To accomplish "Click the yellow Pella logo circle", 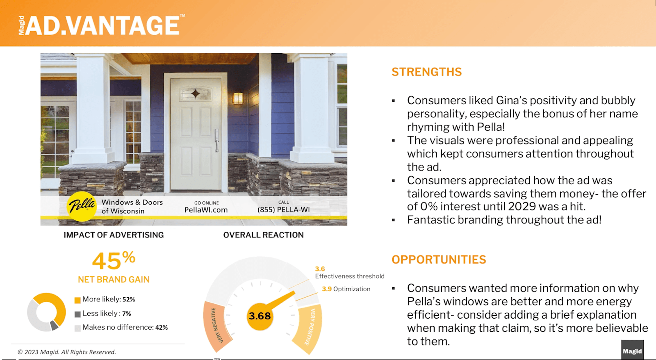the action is point(82,207).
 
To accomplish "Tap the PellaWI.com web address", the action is point(206,210).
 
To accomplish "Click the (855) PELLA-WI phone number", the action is point(283,210).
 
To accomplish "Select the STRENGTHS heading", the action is point(427,72).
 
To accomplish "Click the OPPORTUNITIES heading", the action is point(439,260).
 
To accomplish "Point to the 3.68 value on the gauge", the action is point(260,316).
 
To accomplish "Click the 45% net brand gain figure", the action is point(114,260).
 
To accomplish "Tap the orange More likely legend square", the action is point(77,300).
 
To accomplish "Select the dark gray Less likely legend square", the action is point(77,314).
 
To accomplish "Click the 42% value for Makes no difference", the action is point(162,328).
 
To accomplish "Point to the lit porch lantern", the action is point(238,98).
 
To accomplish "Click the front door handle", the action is point(217,141).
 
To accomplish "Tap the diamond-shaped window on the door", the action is point(195,94).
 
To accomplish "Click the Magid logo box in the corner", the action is point(632,350).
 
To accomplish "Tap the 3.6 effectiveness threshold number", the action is point(320,269).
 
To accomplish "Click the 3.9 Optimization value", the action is point(327,289).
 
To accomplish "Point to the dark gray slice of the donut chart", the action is point(54,326).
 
